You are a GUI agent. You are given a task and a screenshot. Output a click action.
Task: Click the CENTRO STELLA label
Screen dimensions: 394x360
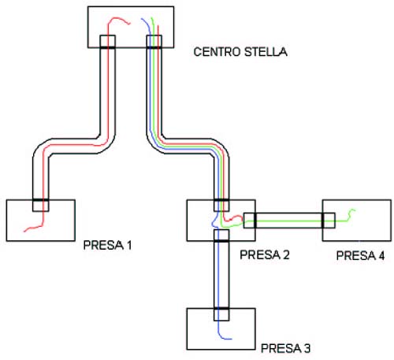[240, 52]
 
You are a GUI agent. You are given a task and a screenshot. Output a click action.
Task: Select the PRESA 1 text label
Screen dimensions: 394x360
[107, 245]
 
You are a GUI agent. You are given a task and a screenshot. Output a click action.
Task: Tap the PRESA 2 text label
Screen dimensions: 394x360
[265, 254]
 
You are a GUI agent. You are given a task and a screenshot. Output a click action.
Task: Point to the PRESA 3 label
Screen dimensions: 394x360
[285, 348]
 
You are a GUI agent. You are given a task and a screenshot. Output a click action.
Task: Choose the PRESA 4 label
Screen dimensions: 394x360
[360, 255]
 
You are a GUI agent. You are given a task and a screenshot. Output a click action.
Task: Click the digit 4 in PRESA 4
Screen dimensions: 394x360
[381, 255]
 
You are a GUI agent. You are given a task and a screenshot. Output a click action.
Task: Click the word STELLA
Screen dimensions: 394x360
[266, 52]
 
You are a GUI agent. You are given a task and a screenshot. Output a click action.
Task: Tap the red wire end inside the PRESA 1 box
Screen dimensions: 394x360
[24, 232]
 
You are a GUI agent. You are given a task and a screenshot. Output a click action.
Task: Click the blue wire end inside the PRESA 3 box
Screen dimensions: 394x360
[231, 339]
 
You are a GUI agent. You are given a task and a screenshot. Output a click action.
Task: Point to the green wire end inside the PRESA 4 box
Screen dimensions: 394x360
[355, 210]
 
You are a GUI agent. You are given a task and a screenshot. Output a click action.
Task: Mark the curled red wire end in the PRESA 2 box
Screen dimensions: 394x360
[242, 217]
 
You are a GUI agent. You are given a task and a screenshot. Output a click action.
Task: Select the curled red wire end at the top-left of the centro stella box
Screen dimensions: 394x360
[130, 24]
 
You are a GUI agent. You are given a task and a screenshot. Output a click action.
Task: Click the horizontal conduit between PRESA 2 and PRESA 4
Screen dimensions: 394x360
[289, 221]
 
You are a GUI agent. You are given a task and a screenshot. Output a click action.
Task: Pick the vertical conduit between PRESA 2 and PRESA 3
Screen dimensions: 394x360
[221, 275]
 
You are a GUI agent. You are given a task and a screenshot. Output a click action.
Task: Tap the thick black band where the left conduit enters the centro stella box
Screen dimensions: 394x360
[107, 47]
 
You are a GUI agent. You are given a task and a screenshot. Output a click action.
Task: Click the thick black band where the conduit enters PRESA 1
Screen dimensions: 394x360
[40, 200]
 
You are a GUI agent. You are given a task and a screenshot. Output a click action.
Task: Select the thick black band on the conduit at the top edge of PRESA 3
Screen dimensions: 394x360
[221, 308]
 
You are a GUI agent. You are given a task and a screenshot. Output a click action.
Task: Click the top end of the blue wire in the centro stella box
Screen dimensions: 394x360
[141, 19]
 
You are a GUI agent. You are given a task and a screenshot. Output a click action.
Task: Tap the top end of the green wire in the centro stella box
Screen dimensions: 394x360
[151, 17]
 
